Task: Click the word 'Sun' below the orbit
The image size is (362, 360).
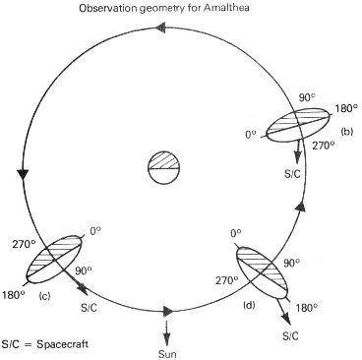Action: [167, 348]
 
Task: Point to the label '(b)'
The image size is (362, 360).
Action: [346, 130]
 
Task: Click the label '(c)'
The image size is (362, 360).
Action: [44, 294]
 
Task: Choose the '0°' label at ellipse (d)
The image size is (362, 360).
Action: [236, 233]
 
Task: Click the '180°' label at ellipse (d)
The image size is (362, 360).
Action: [307, 307]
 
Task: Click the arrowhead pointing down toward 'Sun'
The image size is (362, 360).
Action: [167, 335]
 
